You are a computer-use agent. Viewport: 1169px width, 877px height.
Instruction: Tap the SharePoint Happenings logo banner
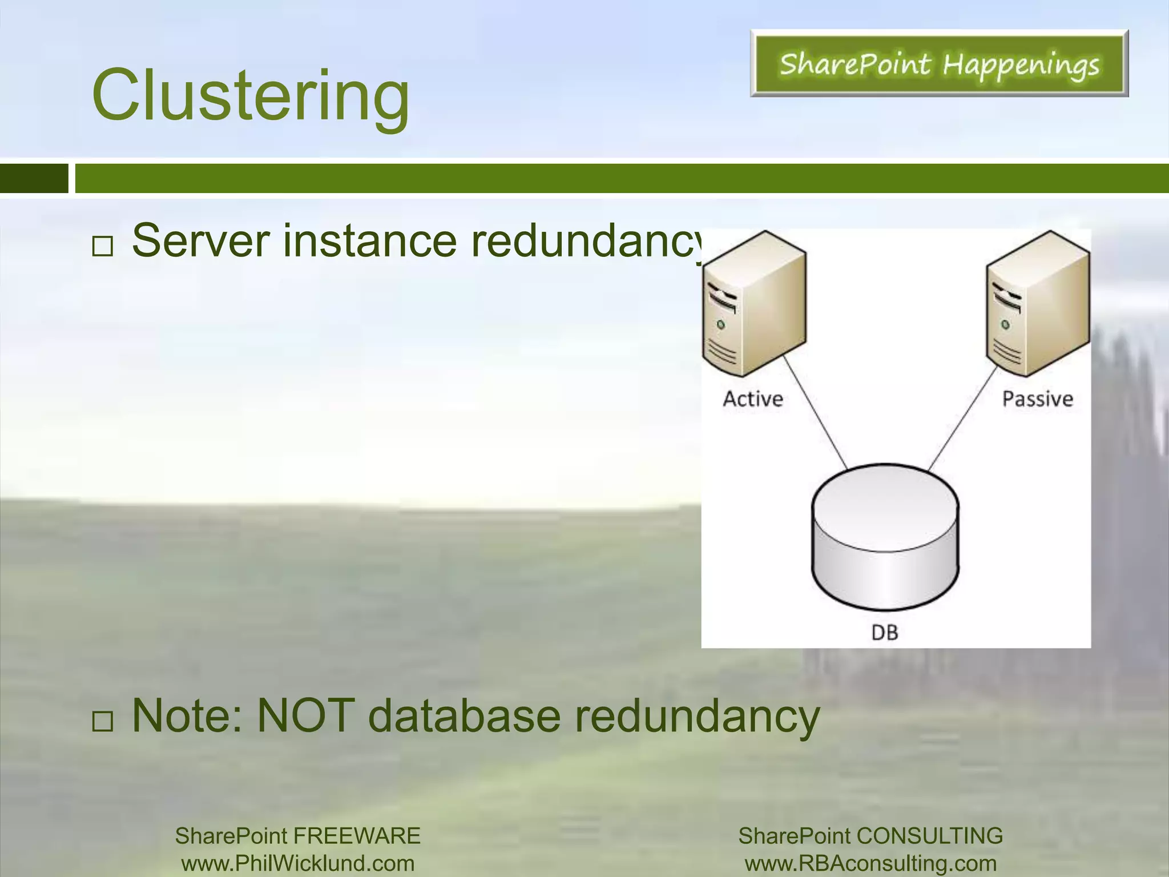pos(939,63)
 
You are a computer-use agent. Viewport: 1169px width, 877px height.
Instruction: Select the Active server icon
pos(753,303)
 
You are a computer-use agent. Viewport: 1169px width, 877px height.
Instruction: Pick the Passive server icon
pos(1038,303)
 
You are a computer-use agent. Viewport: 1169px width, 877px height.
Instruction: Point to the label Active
pos(753,399)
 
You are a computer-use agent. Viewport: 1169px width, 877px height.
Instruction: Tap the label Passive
pos(1038,399)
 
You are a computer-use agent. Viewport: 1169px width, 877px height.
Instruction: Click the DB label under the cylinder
pos(885,633)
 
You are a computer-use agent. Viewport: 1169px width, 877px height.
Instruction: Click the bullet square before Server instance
pos(103,247)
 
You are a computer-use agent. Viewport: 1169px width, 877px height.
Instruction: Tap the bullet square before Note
pos(103,722)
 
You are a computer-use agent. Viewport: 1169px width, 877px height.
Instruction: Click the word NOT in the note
pos(305,716)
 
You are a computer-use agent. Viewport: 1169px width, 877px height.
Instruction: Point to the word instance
pos(370,241)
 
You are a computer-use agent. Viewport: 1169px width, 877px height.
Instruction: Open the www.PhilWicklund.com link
pos(297,863)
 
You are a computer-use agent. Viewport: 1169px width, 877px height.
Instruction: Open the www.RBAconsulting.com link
pos(870,863)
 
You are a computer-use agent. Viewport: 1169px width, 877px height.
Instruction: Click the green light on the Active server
pos(721,324)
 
